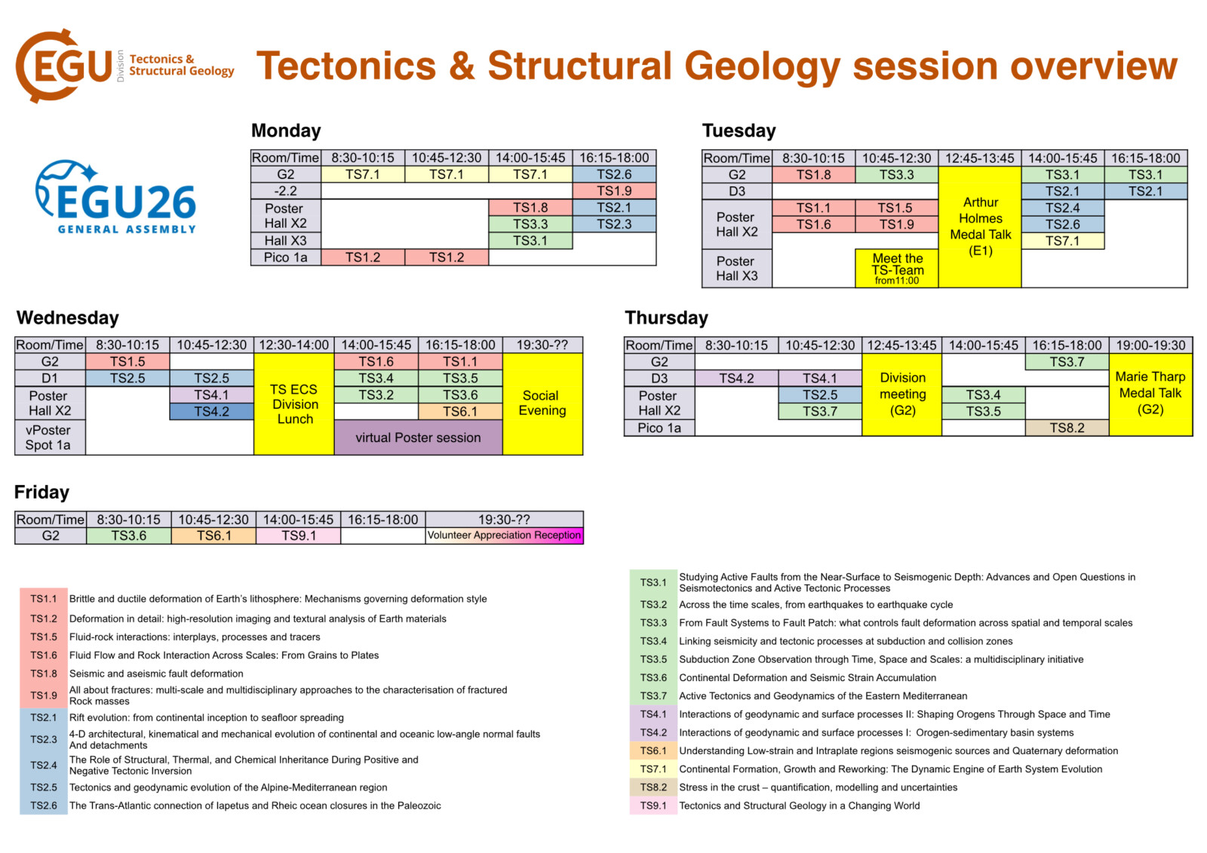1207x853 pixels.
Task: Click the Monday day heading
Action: [286, 130]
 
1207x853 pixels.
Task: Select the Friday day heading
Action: [41, 492]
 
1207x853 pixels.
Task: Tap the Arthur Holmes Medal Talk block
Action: [980, 227]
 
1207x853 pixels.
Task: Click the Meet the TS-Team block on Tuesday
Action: [897, 268]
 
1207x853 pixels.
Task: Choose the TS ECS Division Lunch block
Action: [294, 404]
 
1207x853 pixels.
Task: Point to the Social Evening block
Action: [542, 404]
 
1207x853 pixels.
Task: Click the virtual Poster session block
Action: [418, 437]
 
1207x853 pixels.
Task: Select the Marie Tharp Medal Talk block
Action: [1150, 394]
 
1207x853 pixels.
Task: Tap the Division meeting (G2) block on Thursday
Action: [902, 394]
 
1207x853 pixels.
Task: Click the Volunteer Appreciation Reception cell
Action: [504, 535]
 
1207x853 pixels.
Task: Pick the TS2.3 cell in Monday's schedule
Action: [614, 224]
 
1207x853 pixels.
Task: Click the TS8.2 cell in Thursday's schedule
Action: [1067, 428]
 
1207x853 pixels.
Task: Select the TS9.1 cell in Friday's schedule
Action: [299, 535]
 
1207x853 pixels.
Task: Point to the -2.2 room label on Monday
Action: [286, 192]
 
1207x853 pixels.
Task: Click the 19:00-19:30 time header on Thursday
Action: [1150, 345]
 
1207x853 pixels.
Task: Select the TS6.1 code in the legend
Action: [653, 750]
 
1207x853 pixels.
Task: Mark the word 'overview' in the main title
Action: [1094, 66]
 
